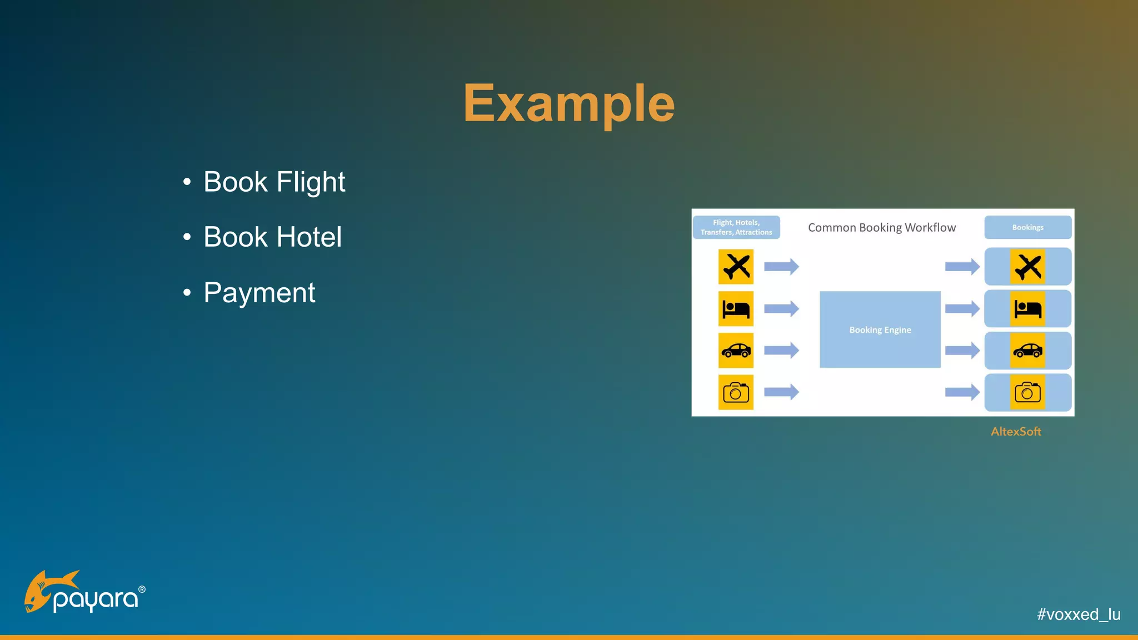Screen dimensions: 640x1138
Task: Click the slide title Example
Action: (x=569, y=103)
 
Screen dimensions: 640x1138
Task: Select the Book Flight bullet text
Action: (x=274, y=182)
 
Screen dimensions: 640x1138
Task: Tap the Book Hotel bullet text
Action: (x=272, y=237)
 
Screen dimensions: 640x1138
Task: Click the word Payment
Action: (x=259, y=293)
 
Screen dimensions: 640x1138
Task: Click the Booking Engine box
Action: (x=880, y=329)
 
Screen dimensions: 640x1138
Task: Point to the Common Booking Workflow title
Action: (x=881, y=228)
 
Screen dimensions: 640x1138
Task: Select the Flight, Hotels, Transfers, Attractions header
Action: (x=736, y=227)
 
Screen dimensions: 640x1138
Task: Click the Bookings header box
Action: (x=1027, y=227)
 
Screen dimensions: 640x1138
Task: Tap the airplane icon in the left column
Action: (x=736, y=267)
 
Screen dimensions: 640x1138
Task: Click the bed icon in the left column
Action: (x=736, y=308)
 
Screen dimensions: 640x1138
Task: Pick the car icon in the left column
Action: (x=736, y=351)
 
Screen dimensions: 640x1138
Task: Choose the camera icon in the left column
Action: (x=736, y=392)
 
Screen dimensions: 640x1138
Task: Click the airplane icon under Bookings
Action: (x=1027, y=267)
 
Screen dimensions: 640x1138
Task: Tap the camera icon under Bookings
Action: (x=1027, y=392)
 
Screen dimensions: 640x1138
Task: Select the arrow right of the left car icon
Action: (x=781, y=351)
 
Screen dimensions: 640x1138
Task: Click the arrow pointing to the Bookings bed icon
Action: (x=962, y=308)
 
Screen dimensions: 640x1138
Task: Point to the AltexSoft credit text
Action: (x=1016, y=432)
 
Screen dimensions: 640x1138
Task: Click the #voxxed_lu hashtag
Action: (x=1078, y=614)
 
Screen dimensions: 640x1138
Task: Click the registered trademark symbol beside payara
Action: (x=142, y=589)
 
